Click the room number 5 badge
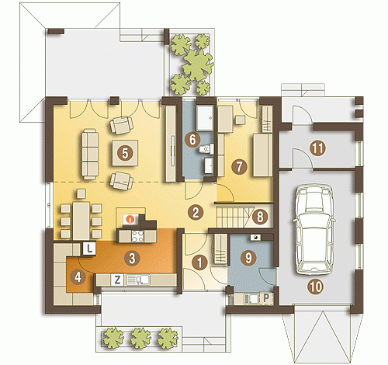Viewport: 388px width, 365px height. point(125,153)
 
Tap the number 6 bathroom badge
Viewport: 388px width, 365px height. point(192,140)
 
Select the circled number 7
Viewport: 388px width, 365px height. point(239,167)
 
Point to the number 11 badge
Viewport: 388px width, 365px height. point(317,148)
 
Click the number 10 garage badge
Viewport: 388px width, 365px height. point(316,287)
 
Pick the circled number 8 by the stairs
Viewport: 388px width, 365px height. point(260,217)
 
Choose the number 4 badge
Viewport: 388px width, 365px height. point(78,277)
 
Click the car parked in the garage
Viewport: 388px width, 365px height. point(314,230)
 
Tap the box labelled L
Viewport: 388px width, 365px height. point(89,249)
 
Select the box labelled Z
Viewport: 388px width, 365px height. point(117,280)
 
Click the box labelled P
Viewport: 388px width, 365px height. point(266,298)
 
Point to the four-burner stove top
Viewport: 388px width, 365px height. point(137,236)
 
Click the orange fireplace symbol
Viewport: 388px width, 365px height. point(130,220)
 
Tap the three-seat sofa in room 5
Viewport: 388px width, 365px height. point(90,155)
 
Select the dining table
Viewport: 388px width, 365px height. point(81,221)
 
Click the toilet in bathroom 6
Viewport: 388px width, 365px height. point(206,149)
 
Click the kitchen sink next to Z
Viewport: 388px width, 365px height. point(138,280)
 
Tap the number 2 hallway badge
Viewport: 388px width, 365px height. point(196,213)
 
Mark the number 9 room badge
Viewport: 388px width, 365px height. point(248,258)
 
